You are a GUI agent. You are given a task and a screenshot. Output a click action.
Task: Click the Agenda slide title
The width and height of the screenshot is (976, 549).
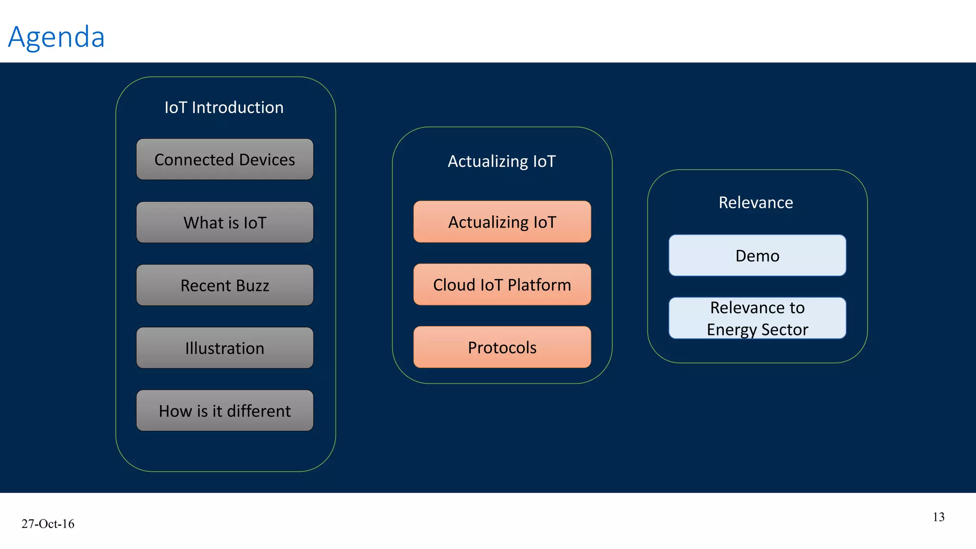[56, 37]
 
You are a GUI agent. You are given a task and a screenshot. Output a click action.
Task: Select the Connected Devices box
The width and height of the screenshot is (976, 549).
[224, 160]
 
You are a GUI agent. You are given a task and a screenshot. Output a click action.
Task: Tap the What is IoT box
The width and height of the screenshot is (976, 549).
[224, 223]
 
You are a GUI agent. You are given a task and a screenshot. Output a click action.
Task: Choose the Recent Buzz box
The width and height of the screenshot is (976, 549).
[224, 285]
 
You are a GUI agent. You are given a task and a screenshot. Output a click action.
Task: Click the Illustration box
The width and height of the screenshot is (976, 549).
[224, 348]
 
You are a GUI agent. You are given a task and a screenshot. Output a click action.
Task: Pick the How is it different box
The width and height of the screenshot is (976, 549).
[224, 411]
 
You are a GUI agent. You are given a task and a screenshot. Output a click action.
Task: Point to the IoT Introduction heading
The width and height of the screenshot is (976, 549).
[224, 108]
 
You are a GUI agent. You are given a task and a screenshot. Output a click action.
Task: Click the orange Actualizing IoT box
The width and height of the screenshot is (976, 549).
[502, 222]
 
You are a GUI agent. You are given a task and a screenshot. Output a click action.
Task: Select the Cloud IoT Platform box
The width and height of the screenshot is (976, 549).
[502, 285]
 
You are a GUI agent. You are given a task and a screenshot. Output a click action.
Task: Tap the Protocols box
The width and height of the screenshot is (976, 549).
[502, 347]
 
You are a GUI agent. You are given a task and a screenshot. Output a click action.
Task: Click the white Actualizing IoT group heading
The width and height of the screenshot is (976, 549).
[502, 162]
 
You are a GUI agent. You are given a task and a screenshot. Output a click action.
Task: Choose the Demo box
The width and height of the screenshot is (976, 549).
[757, 256]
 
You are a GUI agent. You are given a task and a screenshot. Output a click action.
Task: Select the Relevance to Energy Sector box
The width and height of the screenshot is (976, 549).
[757, 318]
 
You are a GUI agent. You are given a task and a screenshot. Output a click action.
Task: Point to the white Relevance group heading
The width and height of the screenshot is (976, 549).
[756, 203]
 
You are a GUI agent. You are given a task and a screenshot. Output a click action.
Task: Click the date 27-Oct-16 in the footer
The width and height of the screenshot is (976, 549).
[48, 524]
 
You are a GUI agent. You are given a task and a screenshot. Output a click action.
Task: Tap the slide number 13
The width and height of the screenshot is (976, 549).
[938, 517]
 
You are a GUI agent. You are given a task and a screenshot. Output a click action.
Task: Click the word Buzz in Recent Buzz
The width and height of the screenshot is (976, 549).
[252, 285]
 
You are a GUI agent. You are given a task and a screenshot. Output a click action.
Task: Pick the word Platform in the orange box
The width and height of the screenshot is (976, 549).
[539, 285]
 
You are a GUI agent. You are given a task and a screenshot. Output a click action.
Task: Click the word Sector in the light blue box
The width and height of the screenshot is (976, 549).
[784, 330]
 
